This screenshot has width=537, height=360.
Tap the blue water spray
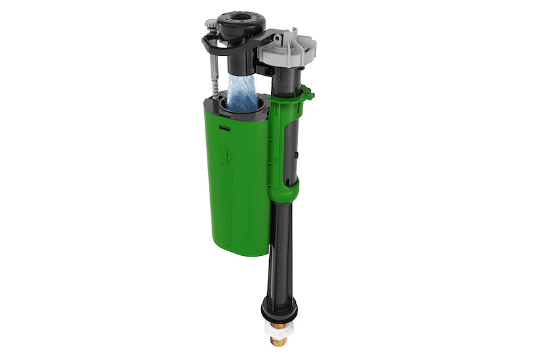[x=242, y=91]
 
